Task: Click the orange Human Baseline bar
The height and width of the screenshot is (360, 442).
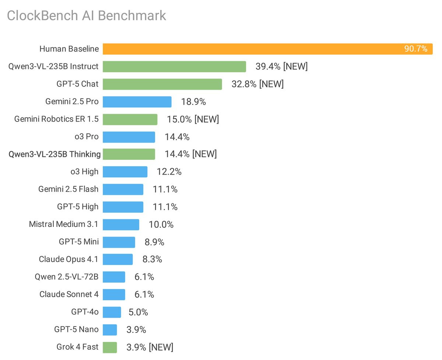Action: pos(267,49)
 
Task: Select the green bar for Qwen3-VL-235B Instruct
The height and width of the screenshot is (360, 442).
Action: pos(174,67)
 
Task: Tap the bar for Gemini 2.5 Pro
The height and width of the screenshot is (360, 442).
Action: pos(137,102)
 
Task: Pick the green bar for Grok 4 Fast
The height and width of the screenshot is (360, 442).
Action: pos(110,347)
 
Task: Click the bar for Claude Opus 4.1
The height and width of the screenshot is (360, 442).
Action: pos(117,259)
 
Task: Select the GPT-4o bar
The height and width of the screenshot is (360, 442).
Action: pos(112,312)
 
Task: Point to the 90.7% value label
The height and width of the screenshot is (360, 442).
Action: pos(415,49)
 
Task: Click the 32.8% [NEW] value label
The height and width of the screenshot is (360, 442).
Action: pos(257,84)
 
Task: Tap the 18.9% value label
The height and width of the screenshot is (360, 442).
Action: pos(193,102)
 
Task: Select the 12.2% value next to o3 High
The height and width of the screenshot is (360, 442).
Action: pos(169,172)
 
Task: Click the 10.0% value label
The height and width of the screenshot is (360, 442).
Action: pos(161,224)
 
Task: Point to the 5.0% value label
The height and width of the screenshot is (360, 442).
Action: pos(138,312)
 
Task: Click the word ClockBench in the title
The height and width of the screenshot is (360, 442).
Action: pos(42,15)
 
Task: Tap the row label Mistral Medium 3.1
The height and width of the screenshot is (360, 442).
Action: pos(63,224)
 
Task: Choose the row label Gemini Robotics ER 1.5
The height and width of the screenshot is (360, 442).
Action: pos(56,119)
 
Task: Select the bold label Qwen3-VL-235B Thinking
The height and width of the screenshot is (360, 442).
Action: pos(55,154)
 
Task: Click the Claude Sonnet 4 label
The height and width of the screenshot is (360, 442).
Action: pos(69,294)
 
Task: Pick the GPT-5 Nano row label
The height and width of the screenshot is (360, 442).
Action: pos(76,329)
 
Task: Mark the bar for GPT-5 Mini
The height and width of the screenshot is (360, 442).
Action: pos(119,242)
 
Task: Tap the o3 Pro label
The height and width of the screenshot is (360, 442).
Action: pos(87,137)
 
